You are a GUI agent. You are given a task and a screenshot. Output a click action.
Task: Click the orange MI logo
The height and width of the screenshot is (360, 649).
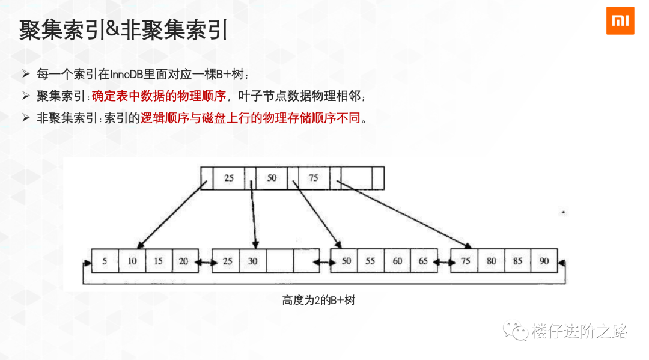click(x=620, y=20)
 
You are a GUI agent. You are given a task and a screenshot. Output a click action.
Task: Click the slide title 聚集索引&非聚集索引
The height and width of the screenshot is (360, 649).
click(x=123, y=30)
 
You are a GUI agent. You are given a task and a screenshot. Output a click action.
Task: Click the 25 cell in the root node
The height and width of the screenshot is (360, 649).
click(x=229, y=178)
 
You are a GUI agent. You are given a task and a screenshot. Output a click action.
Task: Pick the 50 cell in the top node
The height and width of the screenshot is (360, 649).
click(x=272, y=178)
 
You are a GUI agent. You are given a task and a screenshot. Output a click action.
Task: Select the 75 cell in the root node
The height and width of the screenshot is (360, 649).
click(x=313, y=178)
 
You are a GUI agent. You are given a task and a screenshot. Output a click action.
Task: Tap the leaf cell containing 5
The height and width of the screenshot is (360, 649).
click(x=105, y=261)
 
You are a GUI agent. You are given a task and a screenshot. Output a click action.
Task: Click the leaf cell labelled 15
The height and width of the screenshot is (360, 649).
click(x=158, y=261)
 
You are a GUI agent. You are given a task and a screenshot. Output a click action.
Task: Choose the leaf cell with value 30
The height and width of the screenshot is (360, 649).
click(x=253, y=261)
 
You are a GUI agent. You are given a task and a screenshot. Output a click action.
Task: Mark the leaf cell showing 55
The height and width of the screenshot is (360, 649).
click(x=370, y=261)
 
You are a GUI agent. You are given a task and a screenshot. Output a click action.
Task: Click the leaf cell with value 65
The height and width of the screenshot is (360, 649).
click(x=423, y=261)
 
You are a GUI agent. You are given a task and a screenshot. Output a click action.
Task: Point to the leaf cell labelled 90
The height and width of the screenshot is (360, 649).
click(x=544, y=261)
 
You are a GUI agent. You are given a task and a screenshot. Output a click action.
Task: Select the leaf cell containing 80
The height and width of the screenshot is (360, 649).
click(x=492, y=261)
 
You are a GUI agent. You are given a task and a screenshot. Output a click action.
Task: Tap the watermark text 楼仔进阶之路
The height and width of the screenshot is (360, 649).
click(x=579, y=331)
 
